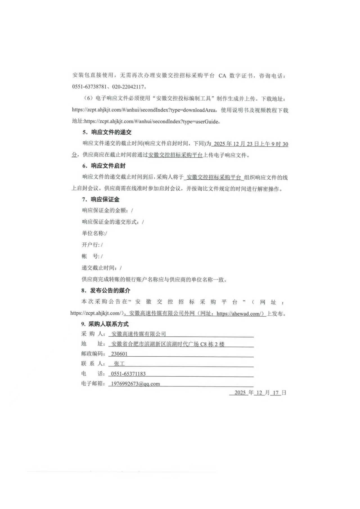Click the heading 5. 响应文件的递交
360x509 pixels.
[107, 132]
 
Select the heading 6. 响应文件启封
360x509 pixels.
[104, 166]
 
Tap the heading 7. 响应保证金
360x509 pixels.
[101, 200]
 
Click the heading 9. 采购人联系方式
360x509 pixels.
[105, 324]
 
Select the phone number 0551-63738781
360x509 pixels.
[89, 87]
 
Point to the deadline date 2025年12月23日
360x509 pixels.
[236, 144]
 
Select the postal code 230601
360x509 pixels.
[119, 354]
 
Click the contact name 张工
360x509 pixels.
[119, 364]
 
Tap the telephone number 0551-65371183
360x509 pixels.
[128, 374]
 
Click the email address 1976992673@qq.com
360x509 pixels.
[135, 384]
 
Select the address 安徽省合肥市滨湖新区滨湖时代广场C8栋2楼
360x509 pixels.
[168, 344]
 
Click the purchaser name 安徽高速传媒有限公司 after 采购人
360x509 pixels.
[139, 334]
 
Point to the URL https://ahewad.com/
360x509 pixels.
[240, 314]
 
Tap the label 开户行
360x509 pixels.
[91, 245]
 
